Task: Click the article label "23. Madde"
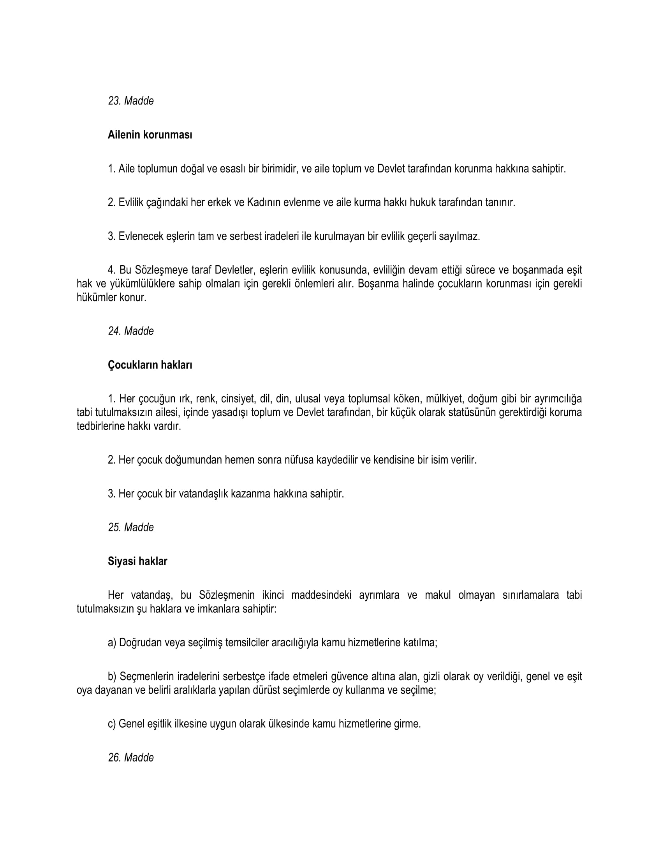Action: tap(130, 101)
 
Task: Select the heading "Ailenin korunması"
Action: tap(150, 135)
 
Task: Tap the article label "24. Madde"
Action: tap(130, 331)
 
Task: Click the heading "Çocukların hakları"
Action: tap(150, 365)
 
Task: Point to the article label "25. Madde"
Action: tap(130, 527)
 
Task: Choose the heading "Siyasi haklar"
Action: tap(137, 561)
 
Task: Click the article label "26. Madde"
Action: tap(130, 758)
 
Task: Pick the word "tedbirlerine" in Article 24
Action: tap(100, 426)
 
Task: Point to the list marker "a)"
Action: tap(112, 643)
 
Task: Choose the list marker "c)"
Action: tap(112, 724)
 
